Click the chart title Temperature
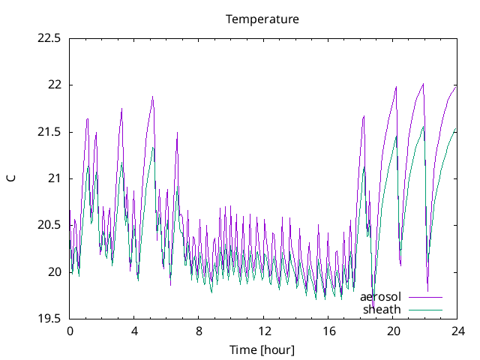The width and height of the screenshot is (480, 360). tap(262, 19)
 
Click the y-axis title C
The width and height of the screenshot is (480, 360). tap(10, 178)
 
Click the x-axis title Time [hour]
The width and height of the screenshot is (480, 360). tap(262, 349)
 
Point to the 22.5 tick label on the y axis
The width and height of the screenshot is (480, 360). tap(49, 38)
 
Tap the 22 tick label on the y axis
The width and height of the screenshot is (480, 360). tap(54, 85)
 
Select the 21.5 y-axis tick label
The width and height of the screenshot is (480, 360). tap(49, 132)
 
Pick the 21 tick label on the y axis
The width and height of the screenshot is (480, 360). tap(54, 178)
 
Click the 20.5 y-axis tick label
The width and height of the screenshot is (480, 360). tap(49, 225)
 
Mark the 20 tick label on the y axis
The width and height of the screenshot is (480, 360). tap(54, 271)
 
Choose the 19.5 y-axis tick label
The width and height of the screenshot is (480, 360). tap(49, 319)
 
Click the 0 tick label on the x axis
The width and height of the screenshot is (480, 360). tap(70, 331)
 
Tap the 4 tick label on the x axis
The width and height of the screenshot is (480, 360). tap(134, 331)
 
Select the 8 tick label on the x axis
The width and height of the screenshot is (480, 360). tap(199, 331)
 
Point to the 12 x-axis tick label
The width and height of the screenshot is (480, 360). tap(263, 331)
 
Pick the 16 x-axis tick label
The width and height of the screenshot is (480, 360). tap(328, 331)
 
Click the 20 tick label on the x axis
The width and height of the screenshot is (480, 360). tap(392, 331)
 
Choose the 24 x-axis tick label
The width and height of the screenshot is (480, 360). tap(457, 331)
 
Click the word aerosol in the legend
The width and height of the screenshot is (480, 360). tap(380, 298)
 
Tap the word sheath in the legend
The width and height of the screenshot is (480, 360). tap(382, 309)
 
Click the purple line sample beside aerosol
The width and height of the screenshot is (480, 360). tap(425, 298)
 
